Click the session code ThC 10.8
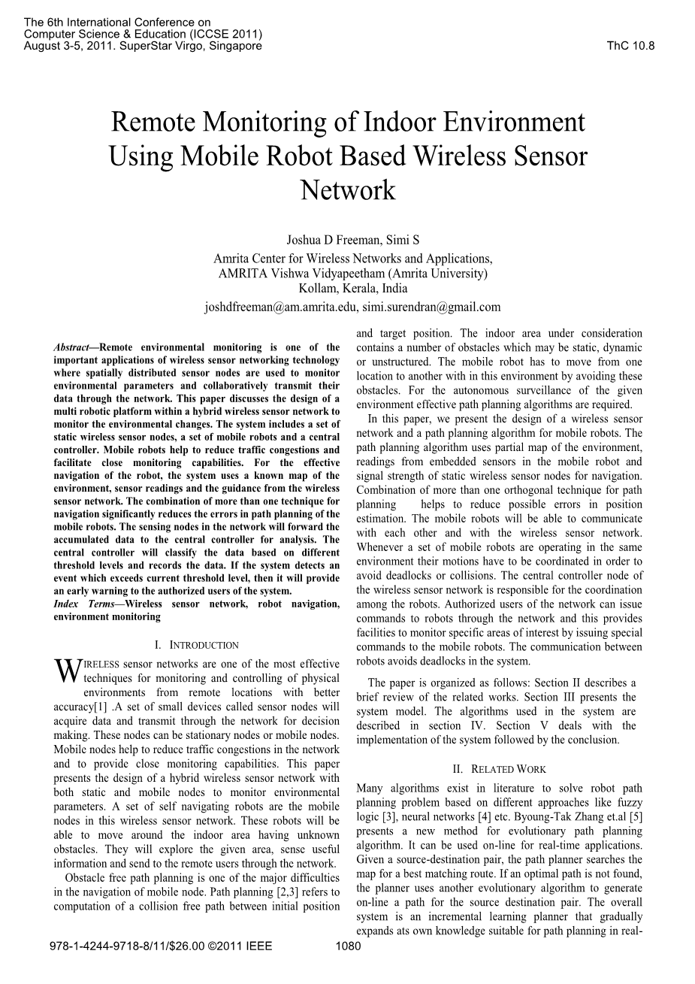click(x=630, y=46)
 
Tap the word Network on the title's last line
click(x=348, y=190)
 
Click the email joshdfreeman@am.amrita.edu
click(x=281, y=307)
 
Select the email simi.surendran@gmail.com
click(x=431, y=307)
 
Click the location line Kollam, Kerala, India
click(x=352, y=288)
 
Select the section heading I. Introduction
click(x=196, y=645)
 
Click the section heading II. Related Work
click(x=499, y=769)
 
